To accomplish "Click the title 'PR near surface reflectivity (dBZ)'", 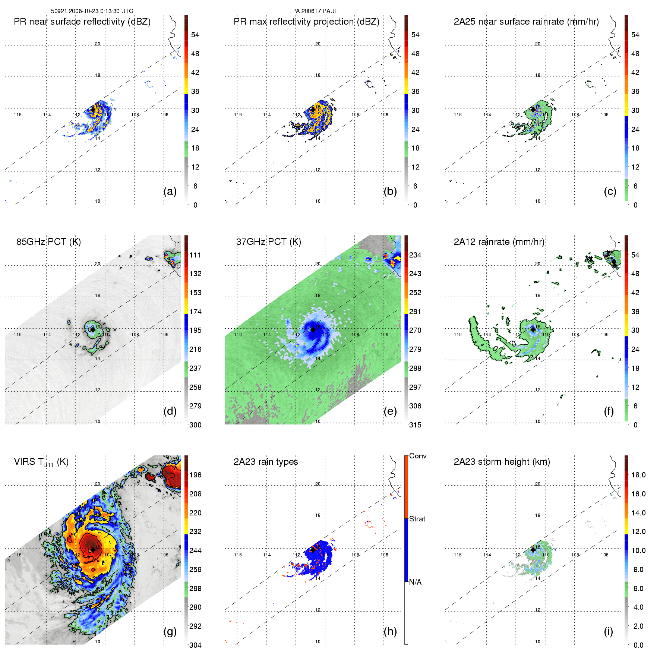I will pyautogui.click(x=82, y=22).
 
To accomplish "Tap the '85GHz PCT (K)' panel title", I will pyautogui.click(x=48, y=242).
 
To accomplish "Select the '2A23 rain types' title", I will pyautogui.click(x=266, y=462).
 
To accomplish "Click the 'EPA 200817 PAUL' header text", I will pyautogui.click(x=313, y=11).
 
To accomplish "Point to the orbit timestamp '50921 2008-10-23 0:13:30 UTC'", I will pyautogui.click(x=92, y=11).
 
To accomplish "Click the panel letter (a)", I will pyautogui.click(x=170, y=192).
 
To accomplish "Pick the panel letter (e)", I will pyautogui.click(x=390, y=411).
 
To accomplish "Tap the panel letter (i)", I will pyautogui.click(x=609, y=631).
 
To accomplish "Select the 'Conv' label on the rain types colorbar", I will pyautogui.click(x=418, y=456).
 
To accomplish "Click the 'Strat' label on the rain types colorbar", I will pyautogui.click(x=417, y=519).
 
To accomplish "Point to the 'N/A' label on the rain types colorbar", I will pyautogui.click(x=415, y=582).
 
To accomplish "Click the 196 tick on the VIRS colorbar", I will pyautogui.click(x=195, y=475).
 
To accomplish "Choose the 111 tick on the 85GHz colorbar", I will pyautogui.click(x=195, y=255).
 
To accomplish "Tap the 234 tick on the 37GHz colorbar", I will pyautogui.click(x=415, y=255).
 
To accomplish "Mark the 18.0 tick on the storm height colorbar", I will pyautogui.click(x=638, y=475).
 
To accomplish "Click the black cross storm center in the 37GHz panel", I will pyautogui.click(x=313, y=329).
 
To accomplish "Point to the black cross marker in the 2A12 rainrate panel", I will pyautogui.click(x=533, y=329).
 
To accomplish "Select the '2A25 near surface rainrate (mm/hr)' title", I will pyautogui.click(x=526, y=22).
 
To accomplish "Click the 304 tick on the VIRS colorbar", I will pyautogui.click(x=195, y=645).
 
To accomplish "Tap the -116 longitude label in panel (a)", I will pyautogui.click(x=17, y=115).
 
